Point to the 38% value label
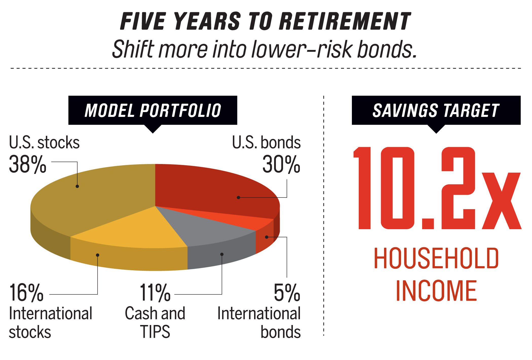pyautogui.click(x=28, y=164)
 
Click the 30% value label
pyautogui.click(x=281, y=164)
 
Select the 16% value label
pyautogui.click(x=26, y=293)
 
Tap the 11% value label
pyautogui.click(x=155, y=293)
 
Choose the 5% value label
pyautogui.click(x=287, y=293)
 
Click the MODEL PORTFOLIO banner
pyautogui.click(x=153, y=111)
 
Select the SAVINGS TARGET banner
pyautogui.click(x=436, y=111)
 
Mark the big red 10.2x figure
pyautogui.click(x=437, y=188)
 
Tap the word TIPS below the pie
pyautogui.click(x=155, y=331)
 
